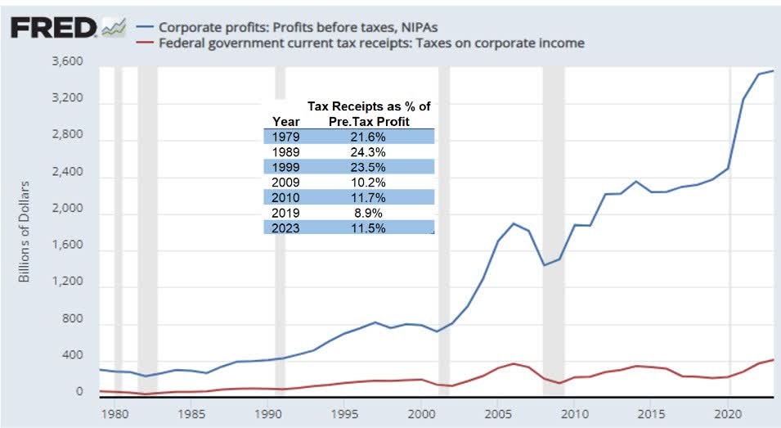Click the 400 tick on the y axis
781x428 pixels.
[72, 356]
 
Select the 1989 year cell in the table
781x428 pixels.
[288, 151]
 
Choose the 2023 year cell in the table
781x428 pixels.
[288, 228]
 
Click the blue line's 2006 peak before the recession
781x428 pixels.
[513, 223]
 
